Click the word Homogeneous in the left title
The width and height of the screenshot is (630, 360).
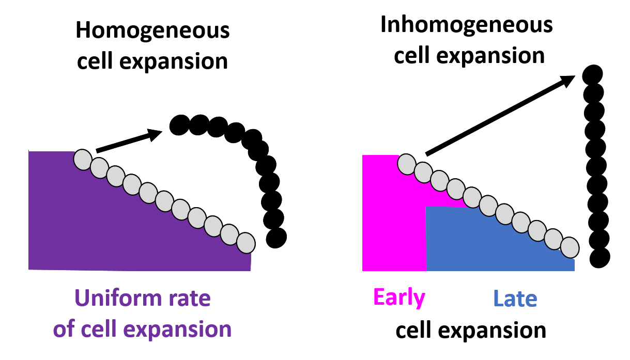coord(152,31)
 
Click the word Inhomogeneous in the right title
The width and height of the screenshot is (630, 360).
coord(467,25)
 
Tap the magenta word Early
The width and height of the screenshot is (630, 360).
coord(399,298)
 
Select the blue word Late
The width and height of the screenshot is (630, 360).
coord(515,299)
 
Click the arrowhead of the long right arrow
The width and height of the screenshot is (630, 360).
coord(568,80)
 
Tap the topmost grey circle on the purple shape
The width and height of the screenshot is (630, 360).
coord(83,159)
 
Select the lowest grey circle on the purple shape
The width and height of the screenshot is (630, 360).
coord(245,242)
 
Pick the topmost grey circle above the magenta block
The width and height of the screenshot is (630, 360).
coord(407,164)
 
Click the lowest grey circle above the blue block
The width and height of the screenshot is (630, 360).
coord(570,247)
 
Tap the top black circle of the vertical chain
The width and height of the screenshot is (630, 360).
coord(592,75)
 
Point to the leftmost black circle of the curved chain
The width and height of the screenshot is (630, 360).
coord(179,125)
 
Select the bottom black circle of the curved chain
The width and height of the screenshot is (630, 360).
coord(276,237)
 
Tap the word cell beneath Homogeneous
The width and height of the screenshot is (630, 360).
coord(95,61)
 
